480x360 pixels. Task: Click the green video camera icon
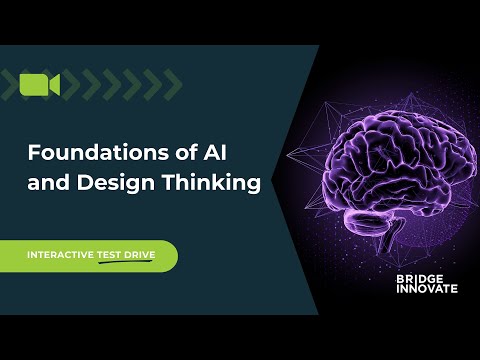tap(40, 85)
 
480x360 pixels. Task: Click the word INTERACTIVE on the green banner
tap(59, 256)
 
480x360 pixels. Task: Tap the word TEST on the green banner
tap(109, 256)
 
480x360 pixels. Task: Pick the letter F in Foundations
tap(33, 155)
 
